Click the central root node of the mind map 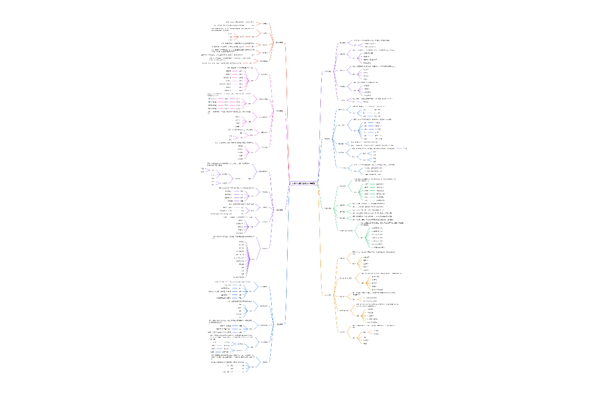[304, 183]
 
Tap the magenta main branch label [279, 111]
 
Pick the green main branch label [327, 208]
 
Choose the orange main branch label [328, 295]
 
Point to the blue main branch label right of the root [327, 139]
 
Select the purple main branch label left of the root [279, 210]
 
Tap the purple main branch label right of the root [327, 72]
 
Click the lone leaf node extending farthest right [405, 149]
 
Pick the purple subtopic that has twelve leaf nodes [265, 248]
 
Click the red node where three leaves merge [242, 37]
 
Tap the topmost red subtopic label [265, 23]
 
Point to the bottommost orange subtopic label [342, 333]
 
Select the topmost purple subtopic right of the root [342, 43]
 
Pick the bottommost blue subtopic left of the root [265, 362]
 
